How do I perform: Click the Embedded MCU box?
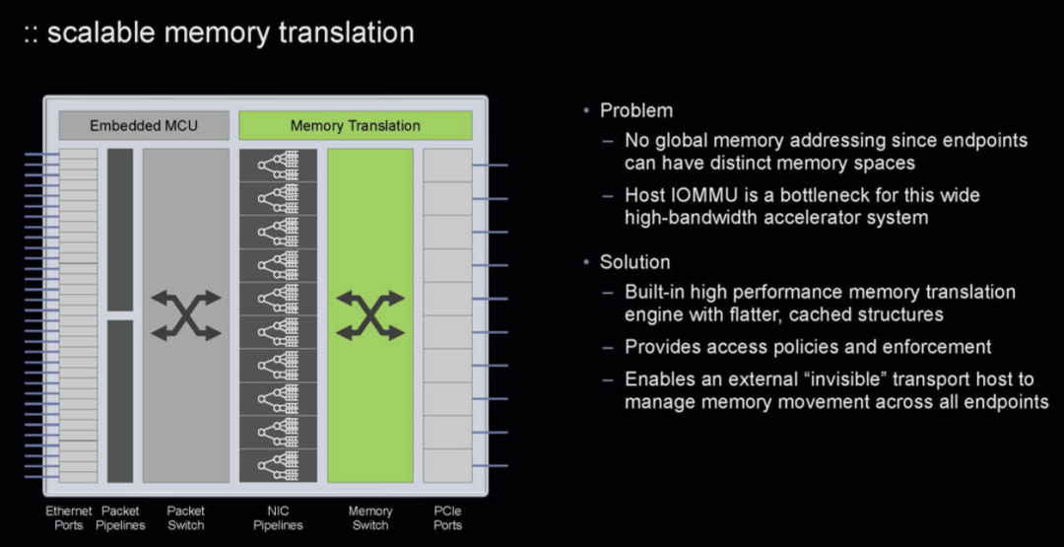click(x=144, y=125)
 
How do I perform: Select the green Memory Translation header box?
click(x=355, y=125)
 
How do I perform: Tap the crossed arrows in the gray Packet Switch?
click(x=186, y=315)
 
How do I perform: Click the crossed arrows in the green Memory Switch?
click(x=370, y=315)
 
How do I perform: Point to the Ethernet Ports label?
click(x=69, y=517)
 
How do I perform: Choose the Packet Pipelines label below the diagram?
click(x=120, y=517)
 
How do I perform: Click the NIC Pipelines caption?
click(x=278, y=517)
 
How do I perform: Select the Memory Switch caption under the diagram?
click(x=370, y=517)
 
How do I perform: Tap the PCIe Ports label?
click(x=448, y=517)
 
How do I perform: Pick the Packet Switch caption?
click(x=186, y=517)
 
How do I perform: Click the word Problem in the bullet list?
click(x=636, y=110)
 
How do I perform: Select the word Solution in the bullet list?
click(x=635, y=262)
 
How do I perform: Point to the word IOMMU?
click(x=701, y=195)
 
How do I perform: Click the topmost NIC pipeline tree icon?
click(x=278, y=165)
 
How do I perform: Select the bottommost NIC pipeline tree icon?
click(x=278, y=465)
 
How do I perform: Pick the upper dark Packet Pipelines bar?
click(x=120, y=230)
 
